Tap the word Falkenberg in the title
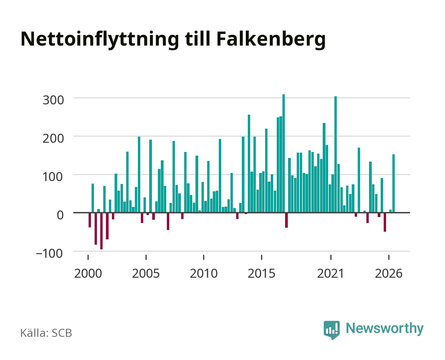271,39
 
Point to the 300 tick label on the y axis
53,100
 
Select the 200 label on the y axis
53,138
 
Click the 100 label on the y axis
53,177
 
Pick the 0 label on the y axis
60,215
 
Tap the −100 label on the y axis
49,253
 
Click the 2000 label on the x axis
88,273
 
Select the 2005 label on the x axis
146,273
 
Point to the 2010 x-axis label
204,273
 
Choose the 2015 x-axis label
261,273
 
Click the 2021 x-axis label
330,273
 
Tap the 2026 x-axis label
389,273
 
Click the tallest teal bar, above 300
283,153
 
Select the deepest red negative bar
101,231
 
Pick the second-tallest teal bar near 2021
335,154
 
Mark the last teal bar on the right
393,183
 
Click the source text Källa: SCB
46,333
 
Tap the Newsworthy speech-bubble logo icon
331,330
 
